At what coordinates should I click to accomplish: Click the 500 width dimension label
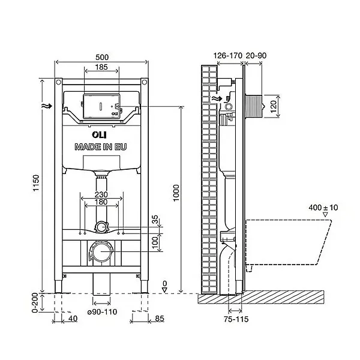tap(102, 57)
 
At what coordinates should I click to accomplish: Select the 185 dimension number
tap(101, 67)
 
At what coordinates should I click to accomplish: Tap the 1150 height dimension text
tap(36, 183)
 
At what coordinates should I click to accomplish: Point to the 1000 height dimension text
tap(176, 193)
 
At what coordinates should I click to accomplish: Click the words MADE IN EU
tap(101, 147)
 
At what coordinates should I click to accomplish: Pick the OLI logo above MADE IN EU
tap(100, 135)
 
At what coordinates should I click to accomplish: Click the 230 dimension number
tap(101, 194)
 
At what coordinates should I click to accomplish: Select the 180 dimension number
tap(101, 202)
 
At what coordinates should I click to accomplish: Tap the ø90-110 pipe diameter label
tap(102, 312)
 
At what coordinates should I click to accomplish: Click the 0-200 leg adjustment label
tap(35, 302)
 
